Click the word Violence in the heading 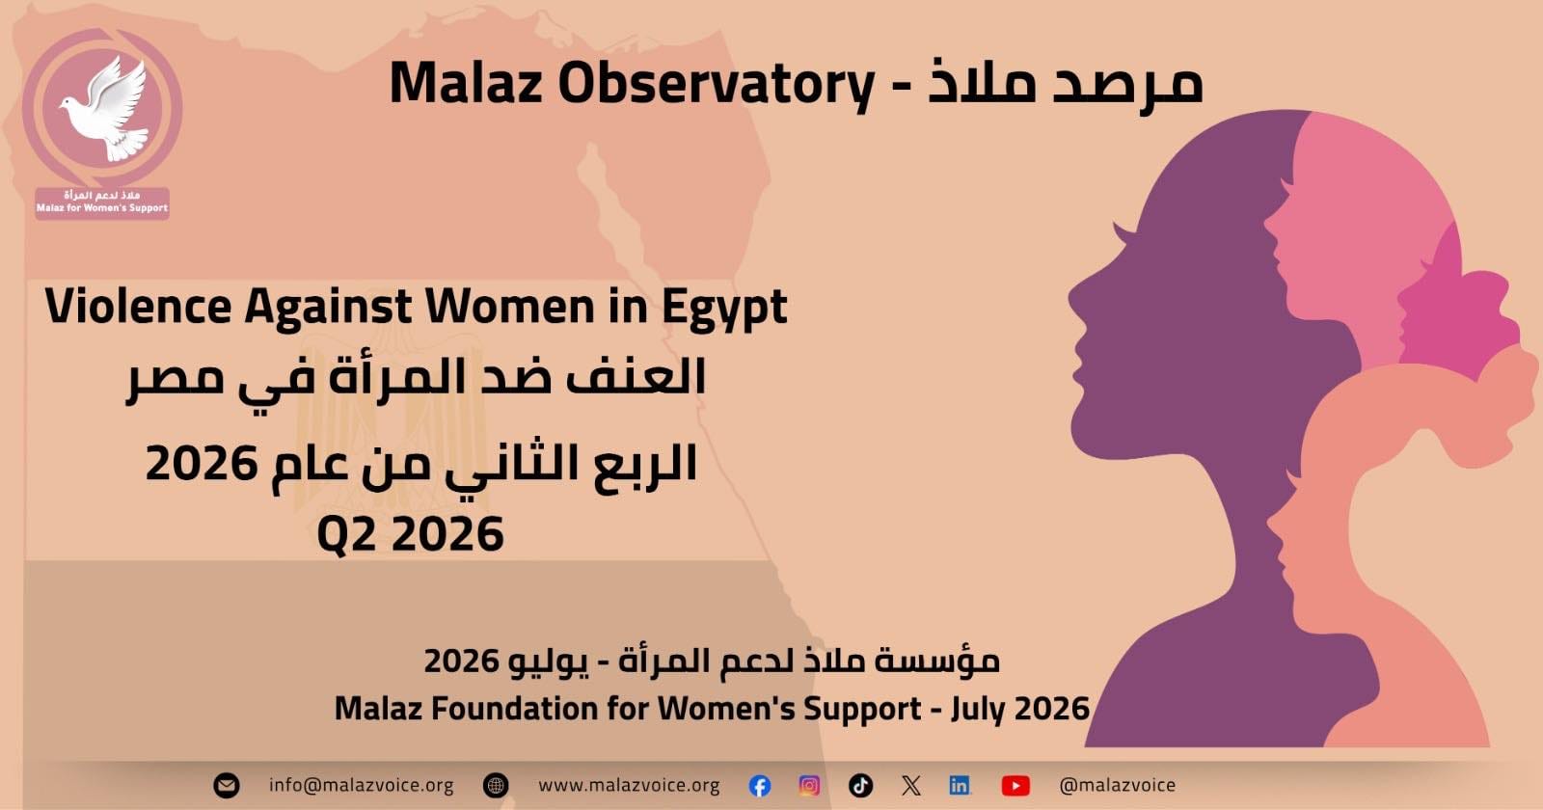click(x=139, y=307)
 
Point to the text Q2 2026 click(x=411, y=534)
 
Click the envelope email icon click(x=227, y=785)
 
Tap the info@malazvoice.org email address click(x=361, y=785)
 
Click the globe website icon click(x=496, y=785)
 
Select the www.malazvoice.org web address click(x=629, y=785)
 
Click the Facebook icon click(x=760, y=786)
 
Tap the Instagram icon click(x=809, y=785)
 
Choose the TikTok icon click(x=860, y=785)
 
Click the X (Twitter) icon click(x=910, y=785)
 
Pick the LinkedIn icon click(x=960, y=785)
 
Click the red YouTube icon click(x=1015, y=786)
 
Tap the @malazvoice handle click(x=1118, y=785)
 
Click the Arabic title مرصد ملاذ click(x=1066, y=83)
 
